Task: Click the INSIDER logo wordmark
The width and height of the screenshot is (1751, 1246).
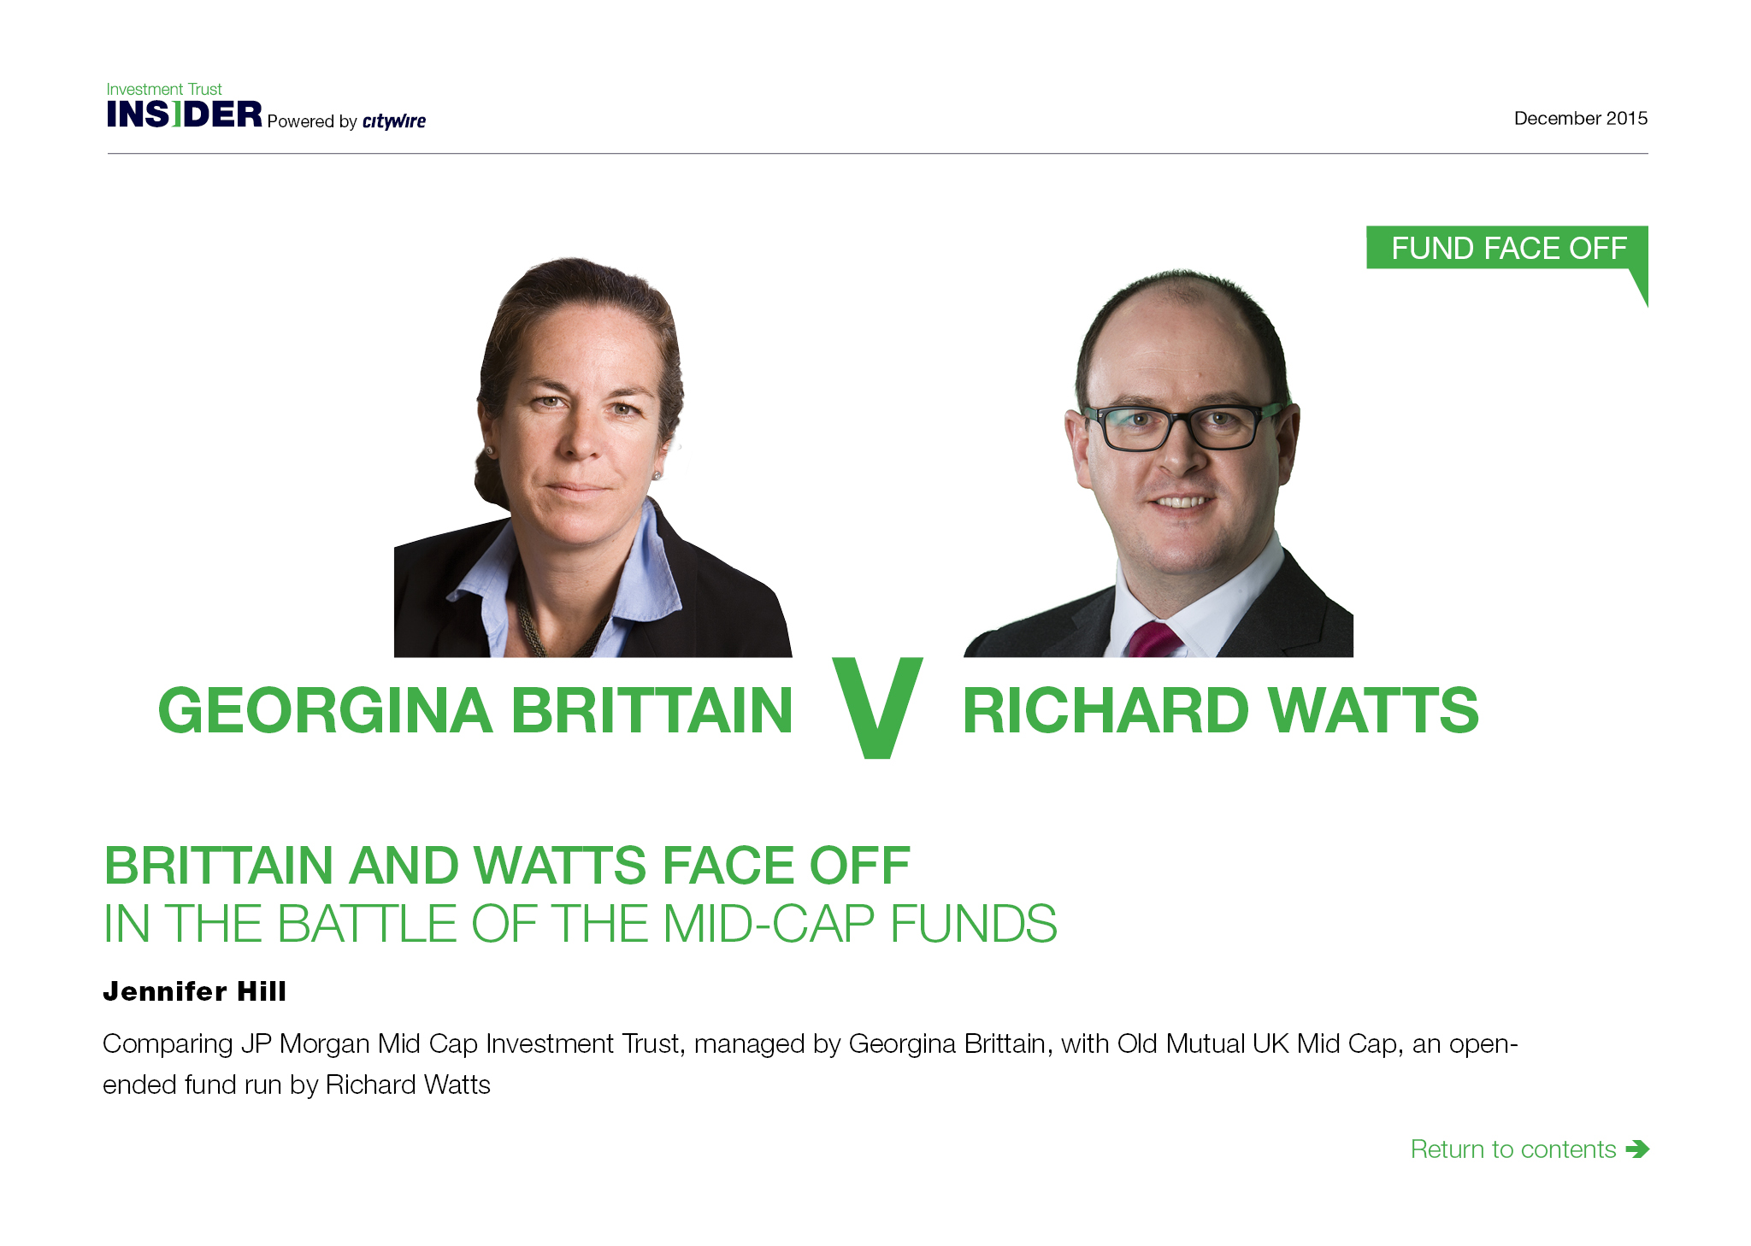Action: coord(185,114)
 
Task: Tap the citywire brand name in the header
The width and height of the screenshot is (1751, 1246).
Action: coord(394,120)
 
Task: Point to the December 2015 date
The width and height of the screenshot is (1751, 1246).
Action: coord(1581,118)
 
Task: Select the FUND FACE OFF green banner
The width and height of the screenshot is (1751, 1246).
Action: coord(1507,248)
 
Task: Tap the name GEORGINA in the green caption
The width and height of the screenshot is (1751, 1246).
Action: coord(326,710)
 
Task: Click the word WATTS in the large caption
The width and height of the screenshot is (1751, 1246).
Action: coord(1373,710)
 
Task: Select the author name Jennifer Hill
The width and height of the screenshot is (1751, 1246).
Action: coord(195,991)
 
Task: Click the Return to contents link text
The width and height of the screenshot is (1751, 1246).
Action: coord(1513,1149)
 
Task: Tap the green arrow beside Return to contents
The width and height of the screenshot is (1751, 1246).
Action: coord(1637,1149)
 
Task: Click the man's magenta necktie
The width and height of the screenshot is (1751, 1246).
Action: coord(1154,640)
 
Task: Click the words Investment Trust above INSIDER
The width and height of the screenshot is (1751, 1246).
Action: coord(164,89)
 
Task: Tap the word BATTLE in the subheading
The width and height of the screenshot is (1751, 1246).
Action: coord(367,924)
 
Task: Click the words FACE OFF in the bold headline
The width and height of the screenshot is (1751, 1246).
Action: coord(787,866)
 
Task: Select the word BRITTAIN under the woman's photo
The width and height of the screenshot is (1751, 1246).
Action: coord(652,710)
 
